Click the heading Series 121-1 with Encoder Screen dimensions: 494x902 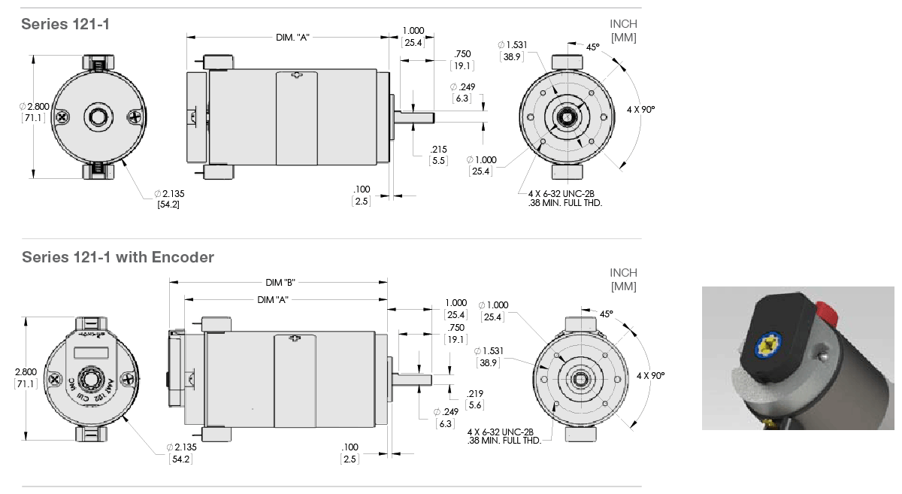coord(118,257)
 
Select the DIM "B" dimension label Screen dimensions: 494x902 coord(280,283)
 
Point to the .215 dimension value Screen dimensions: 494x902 coord(439,149)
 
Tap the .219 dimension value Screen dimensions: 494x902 coord(475,393)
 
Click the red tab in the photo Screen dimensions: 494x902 coord(825,310)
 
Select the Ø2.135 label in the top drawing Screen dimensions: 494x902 coord(168,193)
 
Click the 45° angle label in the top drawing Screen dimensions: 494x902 coord(593,47)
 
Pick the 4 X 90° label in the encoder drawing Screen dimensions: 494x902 coord(651,374)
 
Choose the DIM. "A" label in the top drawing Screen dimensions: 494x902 coord(292,37)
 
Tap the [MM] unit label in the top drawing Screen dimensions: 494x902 coord(623,38)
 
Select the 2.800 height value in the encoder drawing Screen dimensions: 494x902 coord(26,371)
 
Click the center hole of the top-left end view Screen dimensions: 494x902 coord(98,116)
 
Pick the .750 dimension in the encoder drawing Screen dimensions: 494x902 coord(456,328)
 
